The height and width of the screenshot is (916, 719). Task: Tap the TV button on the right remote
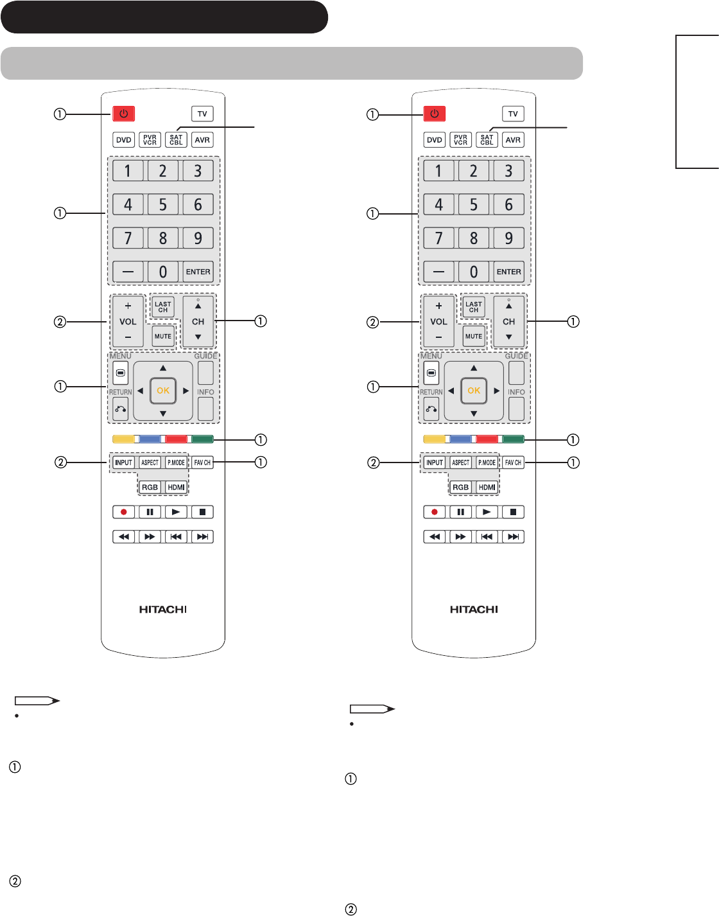point(513,114)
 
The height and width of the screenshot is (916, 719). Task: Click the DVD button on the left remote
point(124,140)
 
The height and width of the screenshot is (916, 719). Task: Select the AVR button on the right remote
point(513,140)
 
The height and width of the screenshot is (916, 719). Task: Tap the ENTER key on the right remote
point(509,272)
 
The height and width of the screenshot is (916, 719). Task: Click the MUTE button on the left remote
point(163,336)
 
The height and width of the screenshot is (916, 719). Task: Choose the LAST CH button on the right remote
point(474,307)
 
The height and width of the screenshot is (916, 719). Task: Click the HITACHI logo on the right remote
point(474,610)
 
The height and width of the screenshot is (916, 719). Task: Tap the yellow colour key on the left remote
point(123,439)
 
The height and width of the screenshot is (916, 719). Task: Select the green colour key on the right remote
point(513,439)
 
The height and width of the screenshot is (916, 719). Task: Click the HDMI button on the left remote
point(177,487)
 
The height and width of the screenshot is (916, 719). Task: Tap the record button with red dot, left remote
point(124,512)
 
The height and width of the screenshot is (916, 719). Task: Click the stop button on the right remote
point(513,512)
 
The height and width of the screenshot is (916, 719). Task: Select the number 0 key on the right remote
point(474,272)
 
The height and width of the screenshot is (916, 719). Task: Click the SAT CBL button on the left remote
point(176,140)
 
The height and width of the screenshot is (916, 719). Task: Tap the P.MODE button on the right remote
point(487,462)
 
